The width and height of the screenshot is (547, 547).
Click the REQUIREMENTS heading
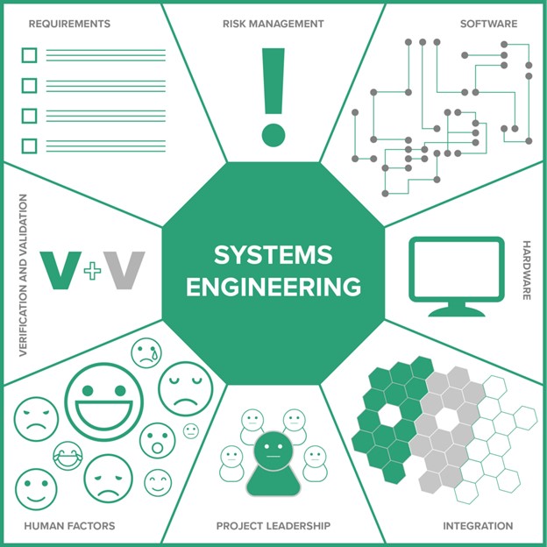click(x=69, y=24)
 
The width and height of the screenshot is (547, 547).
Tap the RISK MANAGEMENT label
click(x=273, y=24)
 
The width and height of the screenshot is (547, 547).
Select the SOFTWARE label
click(x=488, y=24)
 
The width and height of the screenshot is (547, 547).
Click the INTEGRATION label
click(x=478, y=526)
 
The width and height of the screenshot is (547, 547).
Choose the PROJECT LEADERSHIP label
click(x=273, y=526)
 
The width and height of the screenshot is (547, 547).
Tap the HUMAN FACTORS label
click(x=69, y=526)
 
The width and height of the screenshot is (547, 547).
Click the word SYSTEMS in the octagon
click(x=273, y=256)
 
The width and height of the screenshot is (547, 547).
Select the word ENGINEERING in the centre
click(x=273, y=287)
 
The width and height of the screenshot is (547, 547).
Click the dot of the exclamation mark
click(x=273, y=133)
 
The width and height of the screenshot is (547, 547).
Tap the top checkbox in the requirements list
click(x=29, y=56)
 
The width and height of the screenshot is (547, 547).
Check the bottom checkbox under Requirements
click(x=29, y=146)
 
